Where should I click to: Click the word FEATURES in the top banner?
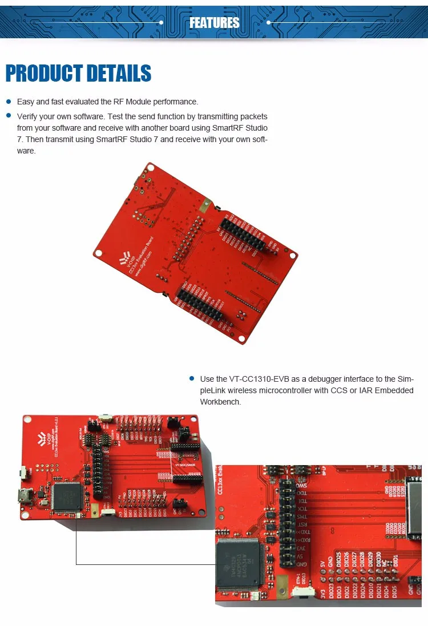[214, 23]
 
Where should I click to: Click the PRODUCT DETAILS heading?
[78, 74]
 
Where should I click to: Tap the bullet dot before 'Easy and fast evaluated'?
[9, 102]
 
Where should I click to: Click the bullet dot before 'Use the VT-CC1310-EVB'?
[191, 378]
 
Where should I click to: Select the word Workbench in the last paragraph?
[220, 402]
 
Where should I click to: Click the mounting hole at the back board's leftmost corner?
[98, 253]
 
